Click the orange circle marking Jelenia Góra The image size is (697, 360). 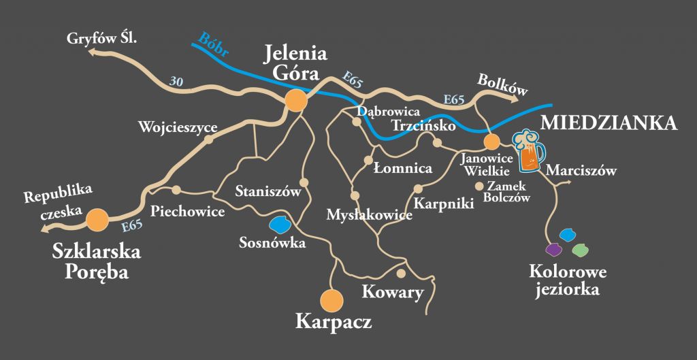pyautogui.click(x=296, y=100)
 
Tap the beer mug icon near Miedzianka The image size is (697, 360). pyautogui.click(x=528, y=151)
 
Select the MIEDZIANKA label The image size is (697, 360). pyautogui.click(x=609, y=123)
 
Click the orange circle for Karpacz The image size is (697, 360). pyautogui.click(x=331, y=299)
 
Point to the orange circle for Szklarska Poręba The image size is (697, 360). pyautogui.click(x=98, y=219)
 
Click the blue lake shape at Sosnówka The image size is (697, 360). pyautogui.click(x=280, y=223)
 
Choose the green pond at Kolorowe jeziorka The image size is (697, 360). pyautogui.click(x=579, y=250)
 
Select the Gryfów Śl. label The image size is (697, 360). pyautogui.click(x=102, y=39)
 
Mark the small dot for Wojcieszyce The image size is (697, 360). pyautogui.click(x=209, y=139)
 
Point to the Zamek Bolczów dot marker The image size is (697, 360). pyautogui.click(x=479, y=186)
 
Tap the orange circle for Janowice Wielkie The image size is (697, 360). pyautogui.click(x=491, y=142)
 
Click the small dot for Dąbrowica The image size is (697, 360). pyautogui.click(x=356, y=122)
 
